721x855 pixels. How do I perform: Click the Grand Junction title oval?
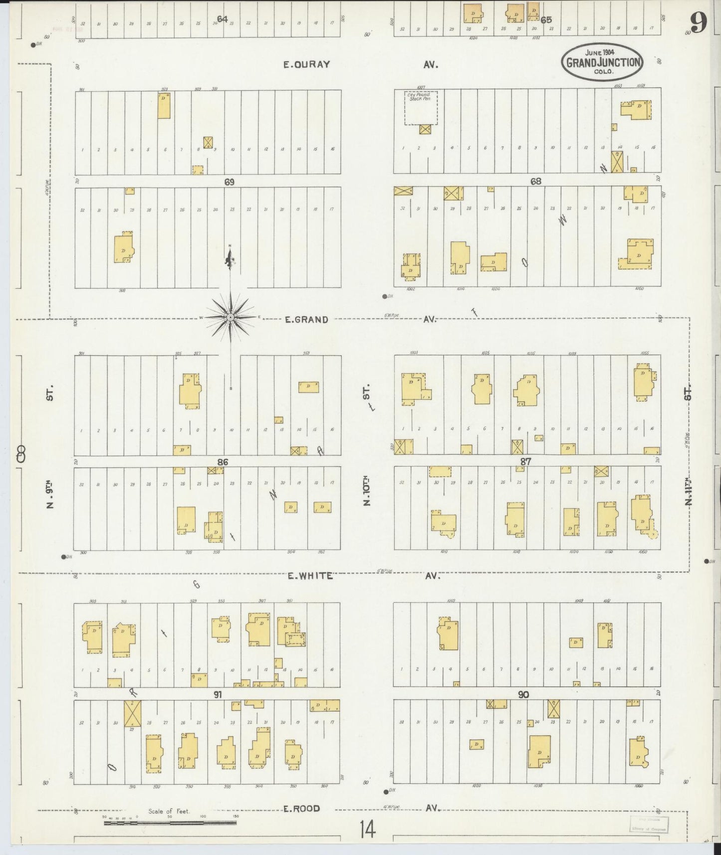[602, 61]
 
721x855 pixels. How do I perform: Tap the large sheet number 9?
[699, 22]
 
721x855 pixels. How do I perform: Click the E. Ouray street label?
[306, 64]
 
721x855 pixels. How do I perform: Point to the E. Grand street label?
[306, 320]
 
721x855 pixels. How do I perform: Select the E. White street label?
[310, 576]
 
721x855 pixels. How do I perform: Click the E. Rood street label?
[301, 809]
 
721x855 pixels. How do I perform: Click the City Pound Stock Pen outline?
[420, 107]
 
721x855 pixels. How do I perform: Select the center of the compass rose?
[231, 317]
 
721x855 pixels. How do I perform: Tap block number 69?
[229, 182]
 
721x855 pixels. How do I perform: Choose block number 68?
[535, 182]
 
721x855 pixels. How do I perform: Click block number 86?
[223, 462]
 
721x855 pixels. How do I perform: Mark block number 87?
[525, 462]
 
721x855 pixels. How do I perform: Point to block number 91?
[218, 694]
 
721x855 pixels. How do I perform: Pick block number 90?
[523, 694]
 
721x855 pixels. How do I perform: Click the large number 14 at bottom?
[367, 831]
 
